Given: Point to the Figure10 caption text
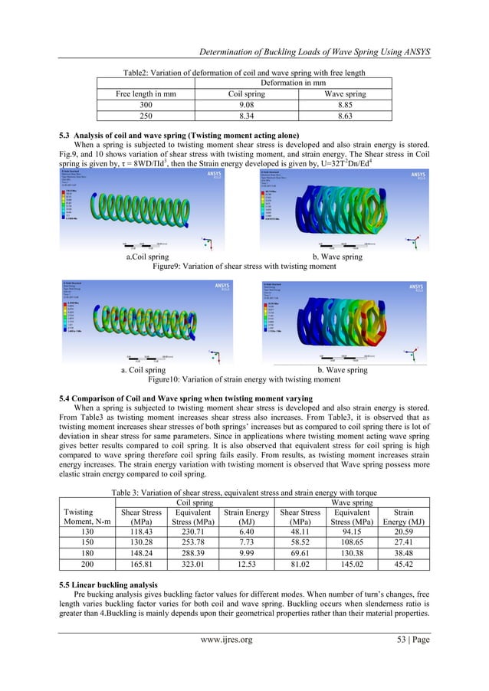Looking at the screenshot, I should [x=245, y=379].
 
